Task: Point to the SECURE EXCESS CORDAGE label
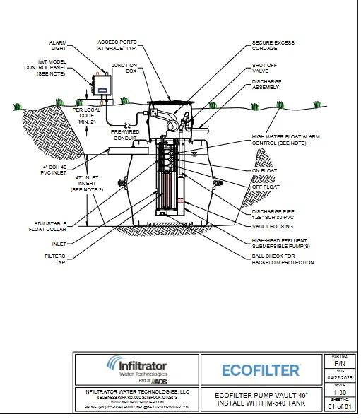(273, 47)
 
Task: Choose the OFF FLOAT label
(265, 187)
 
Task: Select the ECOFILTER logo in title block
(261, 370)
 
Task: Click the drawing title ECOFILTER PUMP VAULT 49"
(261, 394)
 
